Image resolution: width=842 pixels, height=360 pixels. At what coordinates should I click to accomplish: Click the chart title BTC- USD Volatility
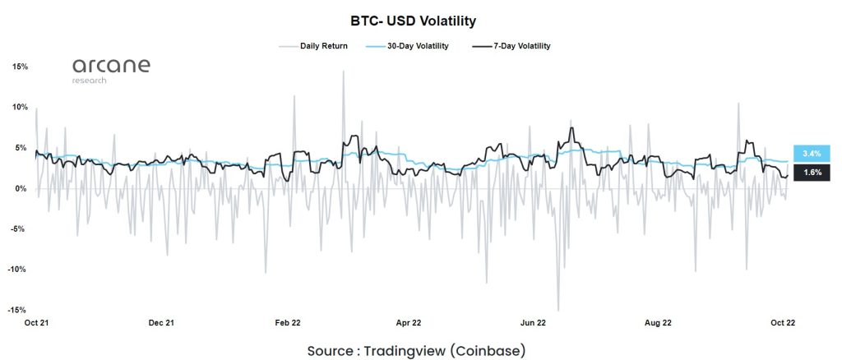click(420, 19)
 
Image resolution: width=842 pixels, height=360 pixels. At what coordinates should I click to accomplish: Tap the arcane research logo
click(110, 70)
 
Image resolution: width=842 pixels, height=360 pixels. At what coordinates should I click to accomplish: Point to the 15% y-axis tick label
click(20, 67)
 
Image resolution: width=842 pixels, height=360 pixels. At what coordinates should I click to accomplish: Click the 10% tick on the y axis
click(20, 108)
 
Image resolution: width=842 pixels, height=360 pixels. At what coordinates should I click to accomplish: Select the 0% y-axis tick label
click(22, 189)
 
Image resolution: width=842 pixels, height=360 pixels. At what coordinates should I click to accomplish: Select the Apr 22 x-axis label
click(409, 323)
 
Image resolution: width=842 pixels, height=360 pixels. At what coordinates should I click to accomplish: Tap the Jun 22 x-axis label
click(534, 323)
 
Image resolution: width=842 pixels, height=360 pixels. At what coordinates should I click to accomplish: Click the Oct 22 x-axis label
click(783, 323)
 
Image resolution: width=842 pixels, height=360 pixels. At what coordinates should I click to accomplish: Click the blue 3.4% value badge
click(812, 153)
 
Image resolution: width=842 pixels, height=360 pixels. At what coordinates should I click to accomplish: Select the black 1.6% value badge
click(812, 173)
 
